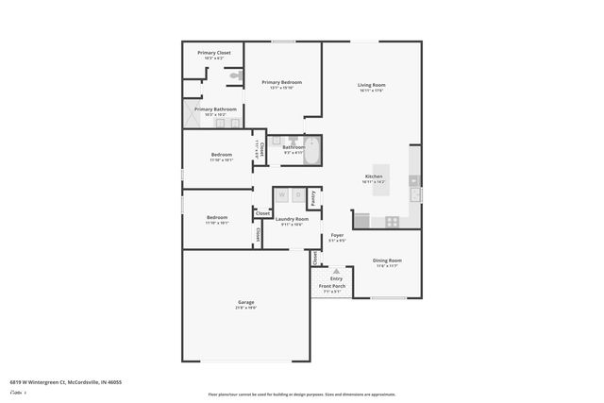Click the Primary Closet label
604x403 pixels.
click(213, 53)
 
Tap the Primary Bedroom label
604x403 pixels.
click(282, 83)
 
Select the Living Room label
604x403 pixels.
click(371, 86)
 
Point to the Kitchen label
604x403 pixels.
click(374, 176)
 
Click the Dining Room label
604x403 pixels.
click(387, 260)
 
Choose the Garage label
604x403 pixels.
click(245, 304)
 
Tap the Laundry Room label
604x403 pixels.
click(292, 219)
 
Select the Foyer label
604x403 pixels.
click(337, 235)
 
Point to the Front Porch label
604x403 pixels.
click(331, 285)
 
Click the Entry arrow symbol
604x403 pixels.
click(336, 271)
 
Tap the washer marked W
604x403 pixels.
click(281, 195)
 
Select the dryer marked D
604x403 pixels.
click(297, 195)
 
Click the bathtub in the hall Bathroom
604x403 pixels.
click(312, 151)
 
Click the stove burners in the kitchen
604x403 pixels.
click(391, 222)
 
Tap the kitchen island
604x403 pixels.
click(381, 179)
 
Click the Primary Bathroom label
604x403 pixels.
click(215, 109)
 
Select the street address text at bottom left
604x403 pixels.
click(65, 382)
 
